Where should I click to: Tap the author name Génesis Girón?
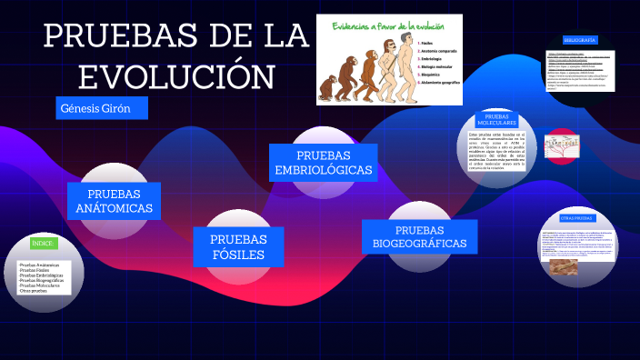94,108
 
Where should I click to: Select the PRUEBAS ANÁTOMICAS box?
114,201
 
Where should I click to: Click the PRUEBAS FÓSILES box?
238,246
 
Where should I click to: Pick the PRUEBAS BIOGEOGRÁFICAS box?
419,236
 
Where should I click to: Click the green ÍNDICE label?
44,244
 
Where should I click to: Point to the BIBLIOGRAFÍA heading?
579,41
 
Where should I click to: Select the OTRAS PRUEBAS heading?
576,218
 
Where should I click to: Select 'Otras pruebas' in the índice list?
34,291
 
